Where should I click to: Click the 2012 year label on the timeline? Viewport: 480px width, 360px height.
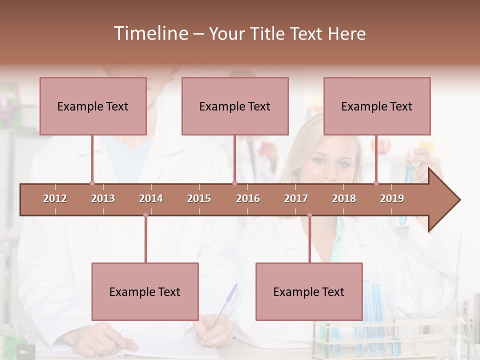tap(55, 198)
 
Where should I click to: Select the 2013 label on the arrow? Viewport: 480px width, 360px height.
tap(103, 198)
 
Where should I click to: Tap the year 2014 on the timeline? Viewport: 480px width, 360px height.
tap(151, 198)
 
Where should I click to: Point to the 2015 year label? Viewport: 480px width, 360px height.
tap(199, 198)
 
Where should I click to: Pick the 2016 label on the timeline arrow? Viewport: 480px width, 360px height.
tap(248, 198)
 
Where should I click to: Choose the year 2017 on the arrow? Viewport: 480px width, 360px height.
tap(296, 198)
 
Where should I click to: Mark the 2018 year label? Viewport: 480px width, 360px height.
tap(344, 198)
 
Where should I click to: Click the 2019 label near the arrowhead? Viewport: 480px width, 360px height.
tap(392, 198)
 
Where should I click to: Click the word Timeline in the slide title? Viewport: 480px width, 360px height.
tap(150, 33)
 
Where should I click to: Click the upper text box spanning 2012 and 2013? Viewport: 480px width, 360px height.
tap(93, 106)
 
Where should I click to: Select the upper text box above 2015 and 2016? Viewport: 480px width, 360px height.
tap(235, 106)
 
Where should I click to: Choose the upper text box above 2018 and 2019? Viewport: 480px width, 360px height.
tap(377, 106)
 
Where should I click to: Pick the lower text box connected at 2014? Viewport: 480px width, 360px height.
tap(145, 291)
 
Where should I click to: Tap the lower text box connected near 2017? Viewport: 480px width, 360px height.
tap(309, 291)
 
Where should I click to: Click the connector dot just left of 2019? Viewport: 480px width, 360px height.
tap(376, 183)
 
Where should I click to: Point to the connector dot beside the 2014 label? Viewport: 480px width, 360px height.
tap(145, 215)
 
